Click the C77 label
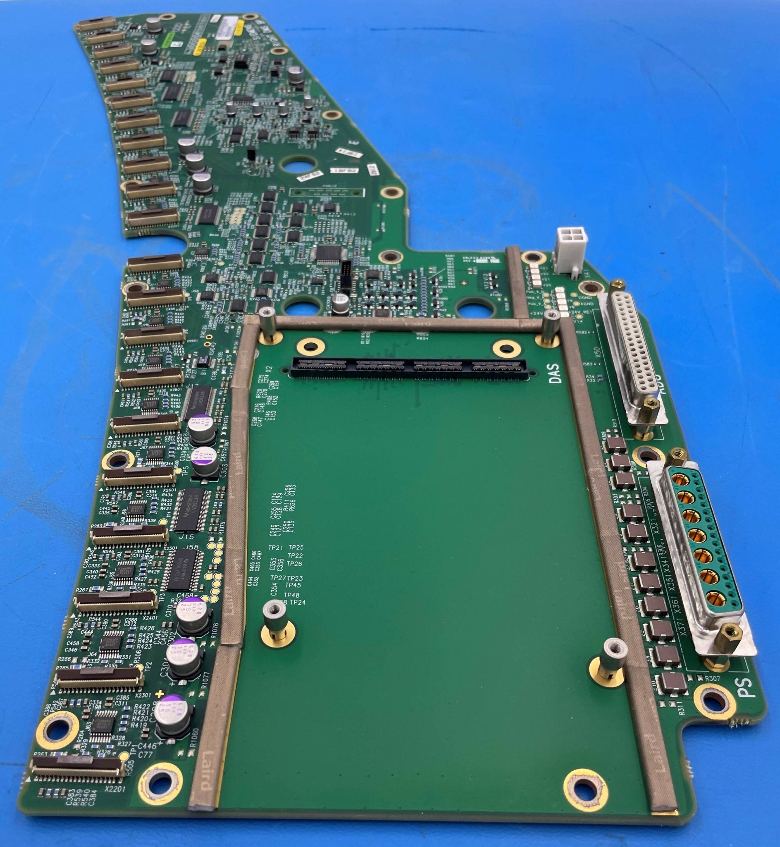click(146, 754)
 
